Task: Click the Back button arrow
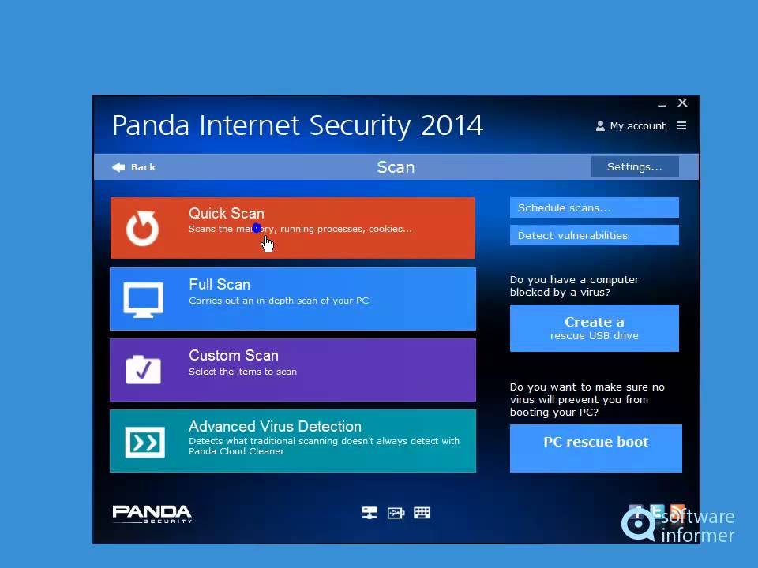point(118,167)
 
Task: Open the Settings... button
point(634,166)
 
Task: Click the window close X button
point(683,103)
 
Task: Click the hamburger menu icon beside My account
point(682,125)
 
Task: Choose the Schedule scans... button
point(594,208)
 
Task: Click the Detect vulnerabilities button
point(594,235)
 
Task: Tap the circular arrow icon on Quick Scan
point(143,228)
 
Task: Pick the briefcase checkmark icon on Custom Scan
point(143,369)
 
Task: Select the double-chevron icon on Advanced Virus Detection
point(144,442)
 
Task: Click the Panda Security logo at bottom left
point(152,514)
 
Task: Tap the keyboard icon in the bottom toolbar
point(422,513)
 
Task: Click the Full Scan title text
point(220,285)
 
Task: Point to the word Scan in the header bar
point(396,167)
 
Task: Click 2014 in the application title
point(452,125)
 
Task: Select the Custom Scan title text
point(233,356)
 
